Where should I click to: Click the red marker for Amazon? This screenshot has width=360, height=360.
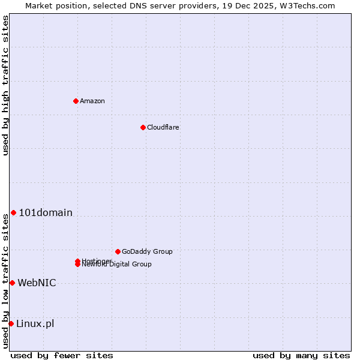pos(76,101)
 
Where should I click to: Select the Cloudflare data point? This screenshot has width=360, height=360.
pos(143,127)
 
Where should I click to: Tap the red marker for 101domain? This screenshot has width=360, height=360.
pos(13,212)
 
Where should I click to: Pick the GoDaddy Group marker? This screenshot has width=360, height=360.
pos(118,251)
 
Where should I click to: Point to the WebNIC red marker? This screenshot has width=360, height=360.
pos(12,283)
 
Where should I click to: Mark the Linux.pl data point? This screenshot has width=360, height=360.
pos(11,323)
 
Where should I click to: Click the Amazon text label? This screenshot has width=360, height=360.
pos(92,101)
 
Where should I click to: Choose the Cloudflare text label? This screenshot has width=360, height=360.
pos(163,127)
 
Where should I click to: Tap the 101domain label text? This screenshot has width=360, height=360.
pos(46,212)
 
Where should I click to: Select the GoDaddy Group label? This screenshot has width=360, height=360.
pos(147,251)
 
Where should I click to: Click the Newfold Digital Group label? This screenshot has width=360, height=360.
pos(118,265)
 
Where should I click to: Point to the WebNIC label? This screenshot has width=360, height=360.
pos(37,283)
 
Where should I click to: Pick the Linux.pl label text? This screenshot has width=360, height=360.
pos(35,323)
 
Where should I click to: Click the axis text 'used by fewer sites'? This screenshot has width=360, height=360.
pos(62,355)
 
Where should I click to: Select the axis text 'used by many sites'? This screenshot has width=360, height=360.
pos(301,355)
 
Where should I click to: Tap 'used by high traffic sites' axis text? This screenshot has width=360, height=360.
pos(5,85)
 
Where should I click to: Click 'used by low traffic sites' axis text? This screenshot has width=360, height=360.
pos(5,280)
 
